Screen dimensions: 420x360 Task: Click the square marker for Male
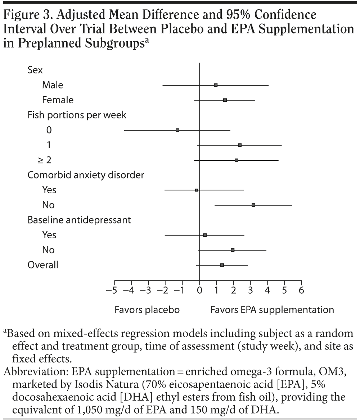216,85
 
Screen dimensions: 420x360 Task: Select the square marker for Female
225,100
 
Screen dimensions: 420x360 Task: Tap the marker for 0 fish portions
177,130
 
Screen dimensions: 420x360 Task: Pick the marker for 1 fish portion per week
240,145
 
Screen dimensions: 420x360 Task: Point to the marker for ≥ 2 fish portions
237,160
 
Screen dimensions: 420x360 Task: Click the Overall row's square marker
222,265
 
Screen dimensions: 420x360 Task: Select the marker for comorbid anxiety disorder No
253,205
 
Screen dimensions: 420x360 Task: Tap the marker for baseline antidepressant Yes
205,235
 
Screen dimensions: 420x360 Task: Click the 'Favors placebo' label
147,310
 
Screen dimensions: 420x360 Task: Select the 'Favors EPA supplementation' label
272,310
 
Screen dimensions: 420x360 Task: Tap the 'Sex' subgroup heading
35,70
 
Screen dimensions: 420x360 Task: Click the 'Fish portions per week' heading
77,115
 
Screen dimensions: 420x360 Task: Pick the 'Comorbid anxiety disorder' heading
86,175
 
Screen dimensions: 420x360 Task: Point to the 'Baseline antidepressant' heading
79,220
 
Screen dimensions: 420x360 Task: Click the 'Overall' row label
43,265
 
